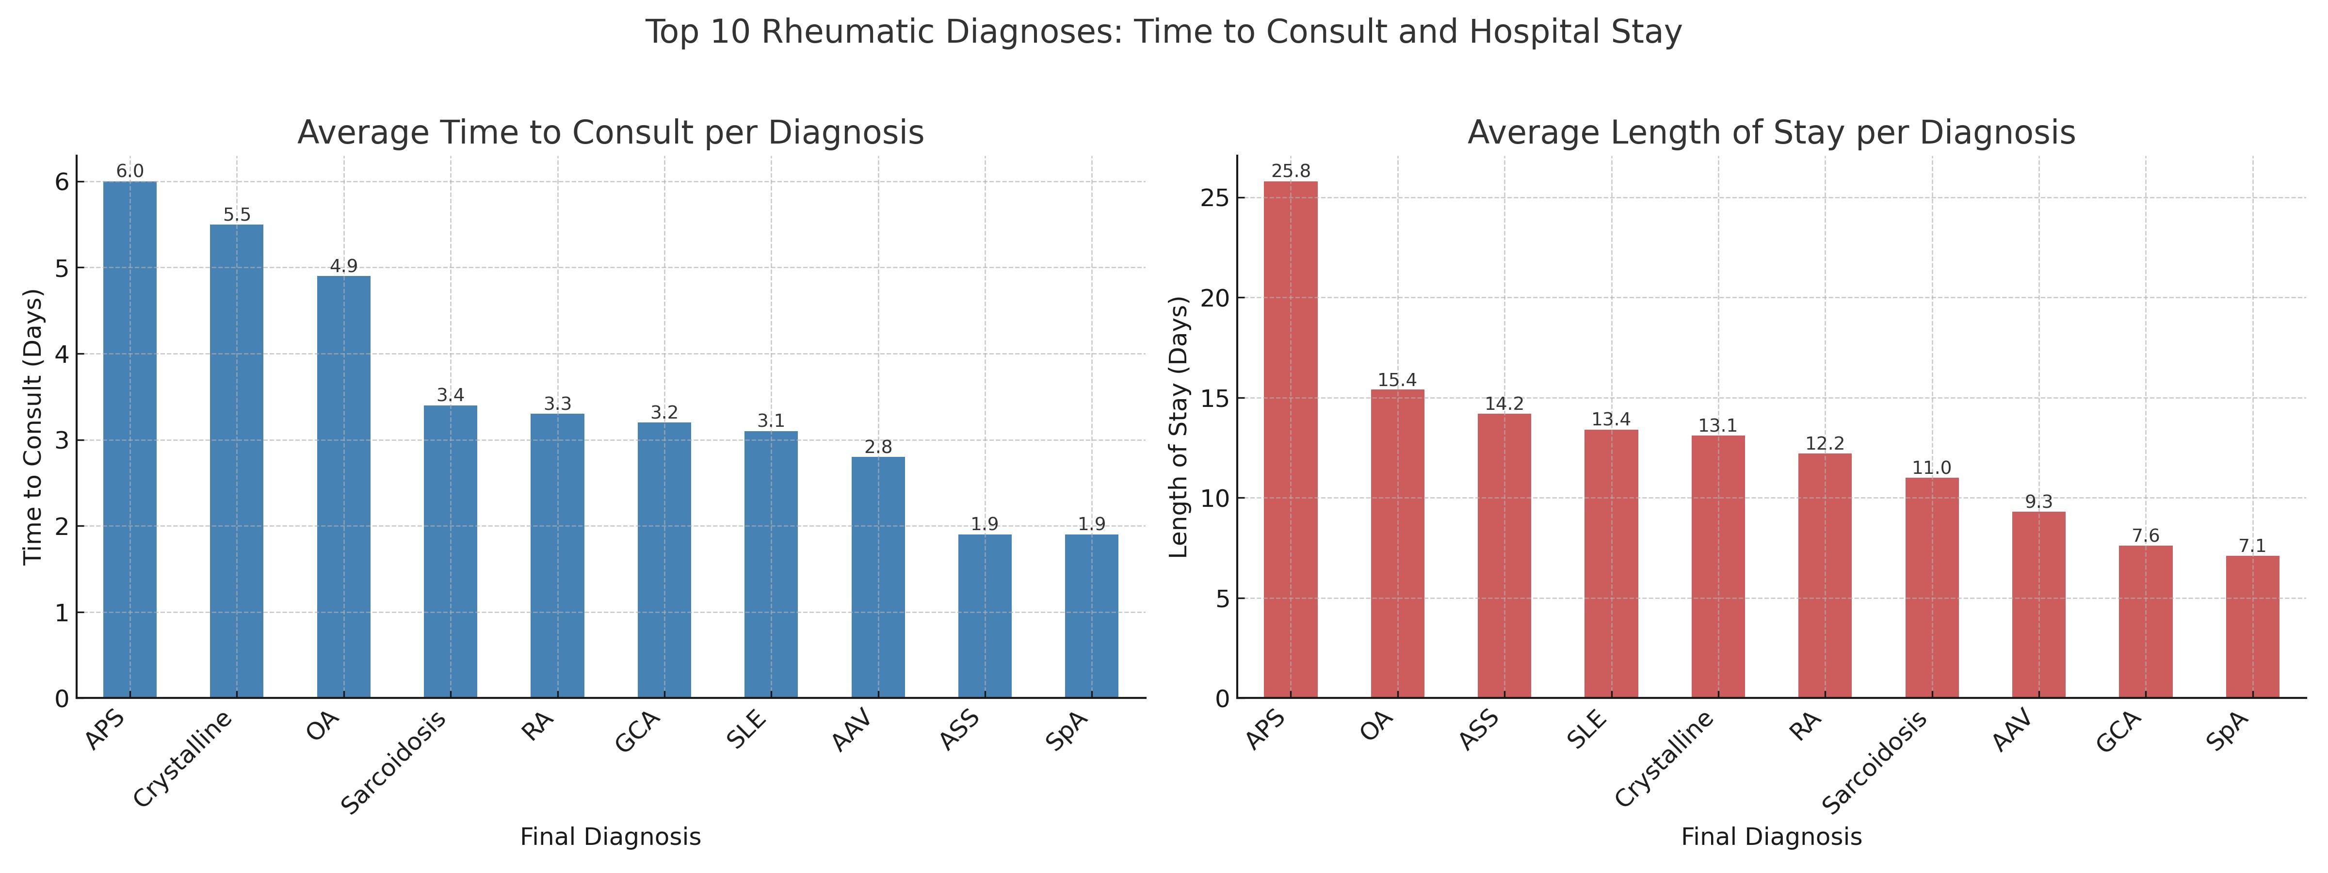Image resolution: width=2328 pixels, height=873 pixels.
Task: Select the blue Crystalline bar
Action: click(x=237, y=461)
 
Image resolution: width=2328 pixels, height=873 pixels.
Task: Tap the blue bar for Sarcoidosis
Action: click(x=450, y=551)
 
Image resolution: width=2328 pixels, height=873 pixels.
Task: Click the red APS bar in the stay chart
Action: click(x=1291, y=439)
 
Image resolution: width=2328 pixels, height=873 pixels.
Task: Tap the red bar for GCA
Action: click(x=2146, y=622)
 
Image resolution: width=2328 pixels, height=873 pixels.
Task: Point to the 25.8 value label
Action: click(x=1291, y=171)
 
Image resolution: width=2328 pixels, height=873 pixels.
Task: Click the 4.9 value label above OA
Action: click(x=343, y=266)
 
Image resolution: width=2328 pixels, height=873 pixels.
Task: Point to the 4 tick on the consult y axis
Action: click(x=62, y=354)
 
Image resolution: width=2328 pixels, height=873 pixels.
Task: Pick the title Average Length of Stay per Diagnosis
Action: click(x=1771, y=133)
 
